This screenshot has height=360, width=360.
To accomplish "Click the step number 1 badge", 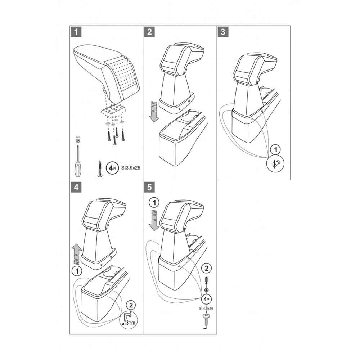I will coord(76,32).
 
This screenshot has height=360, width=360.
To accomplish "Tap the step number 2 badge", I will coord(149,32).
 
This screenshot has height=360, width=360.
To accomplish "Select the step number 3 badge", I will coord(223,32).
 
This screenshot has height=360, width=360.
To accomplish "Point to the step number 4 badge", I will coord(76,187).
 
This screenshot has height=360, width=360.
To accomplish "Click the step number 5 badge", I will coord(149,187).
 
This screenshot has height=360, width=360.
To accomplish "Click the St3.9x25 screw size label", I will coord(129,168).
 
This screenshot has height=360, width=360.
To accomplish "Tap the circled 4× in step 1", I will coord(112,168).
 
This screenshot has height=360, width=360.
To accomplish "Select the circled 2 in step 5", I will coord(206,268).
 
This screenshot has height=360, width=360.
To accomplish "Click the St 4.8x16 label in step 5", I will coord(206,309).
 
